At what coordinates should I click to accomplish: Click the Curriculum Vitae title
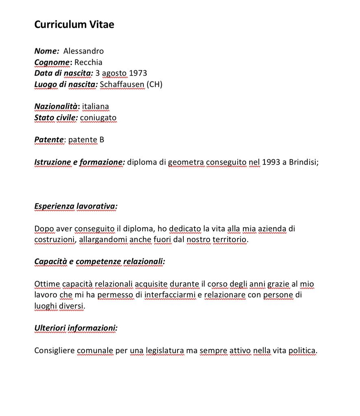pos(74,25)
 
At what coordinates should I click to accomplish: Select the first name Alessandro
pos(83,51)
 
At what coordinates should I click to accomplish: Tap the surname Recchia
pos(88,62)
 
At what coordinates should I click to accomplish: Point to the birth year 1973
pos(138,74)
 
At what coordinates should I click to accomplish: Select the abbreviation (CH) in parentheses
pos(154,85)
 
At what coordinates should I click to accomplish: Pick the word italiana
pos(95,106)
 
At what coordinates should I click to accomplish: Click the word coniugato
pos(98,118)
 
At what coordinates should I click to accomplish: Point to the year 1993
pos(271,162)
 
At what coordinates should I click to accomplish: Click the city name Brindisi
pos(303,162)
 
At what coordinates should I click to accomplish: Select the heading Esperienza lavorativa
pos(76,206)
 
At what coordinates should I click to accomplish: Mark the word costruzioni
pos(54,240)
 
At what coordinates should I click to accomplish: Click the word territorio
pos(230,240)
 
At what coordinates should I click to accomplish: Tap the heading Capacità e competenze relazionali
pos(100,262)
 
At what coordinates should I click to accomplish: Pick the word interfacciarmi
pos(170,295)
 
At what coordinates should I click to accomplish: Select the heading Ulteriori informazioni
pos(76,328)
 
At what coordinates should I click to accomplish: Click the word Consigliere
pos(54,350)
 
